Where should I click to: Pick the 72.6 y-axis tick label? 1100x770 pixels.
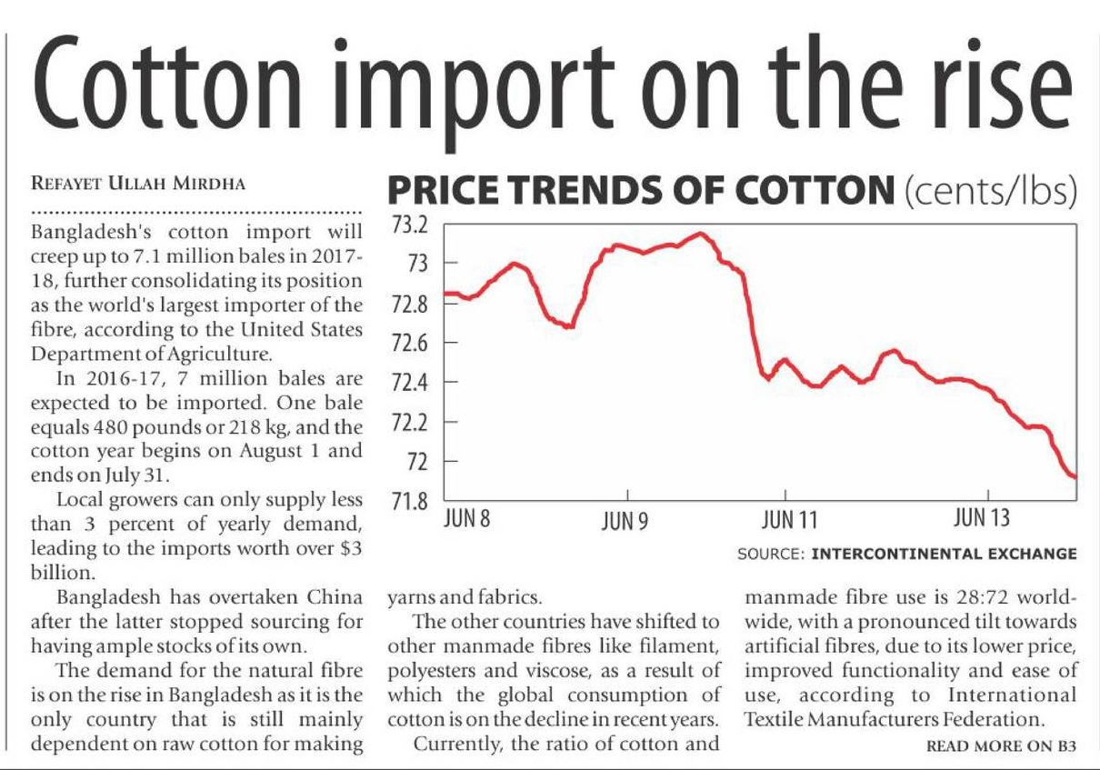click(409, 343)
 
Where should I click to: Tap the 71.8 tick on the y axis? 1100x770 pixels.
click(409, 501)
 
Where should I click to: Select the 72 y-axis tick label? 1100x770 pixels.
click(416, 463)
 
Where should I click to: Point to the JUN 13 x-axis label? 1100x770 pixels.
click(981, 519)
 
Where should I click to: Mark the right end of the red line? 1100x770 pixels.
click(1075, 476)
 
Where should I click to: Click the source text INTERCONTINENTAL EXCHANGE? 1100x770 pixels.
click(944, 554)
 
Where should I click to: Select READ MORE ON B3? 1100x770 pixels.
click(1001, 745)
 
